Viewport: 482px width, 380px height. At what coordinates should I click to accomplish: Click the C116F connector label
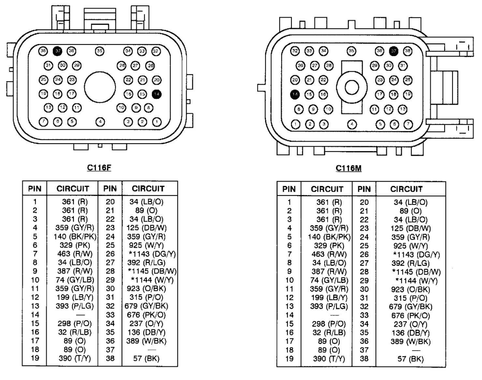tap(99, 168)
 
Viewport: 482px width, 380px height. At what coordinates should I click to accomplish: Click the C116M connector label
tap(348, 168)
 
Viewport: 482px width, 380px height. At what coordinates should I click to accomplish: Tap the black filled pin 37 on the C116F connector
tap(58, 51)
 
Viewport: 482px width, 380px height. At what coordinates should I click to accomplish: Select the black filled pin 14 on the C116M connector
tap(295, 94)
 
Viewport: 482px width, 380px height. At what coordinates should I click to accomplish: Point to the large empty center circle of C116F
tap(100, 87)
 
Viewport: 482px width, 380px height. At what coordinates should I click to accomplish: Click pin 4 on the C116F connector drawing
tap(100, 122)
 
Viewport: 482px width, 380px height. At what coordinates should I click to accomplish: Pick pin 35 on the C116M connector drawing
tap(351, 51)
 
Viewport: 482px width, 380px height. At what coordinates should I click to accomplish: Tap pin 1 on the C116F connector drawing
tap(157, 122)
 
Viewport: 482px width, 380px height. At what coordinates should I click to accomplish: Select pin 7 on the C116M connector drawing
tap(408, 124)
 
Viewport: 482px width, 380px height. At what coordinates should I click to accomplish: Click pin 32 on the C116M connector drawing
tap(295, 51)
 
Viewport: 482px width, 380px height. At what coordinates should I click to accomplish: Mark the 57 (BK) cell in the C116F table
tap(146, 358)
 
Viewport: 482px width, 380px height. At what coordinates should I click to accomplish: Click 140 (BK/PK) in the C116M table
tap(329, 237)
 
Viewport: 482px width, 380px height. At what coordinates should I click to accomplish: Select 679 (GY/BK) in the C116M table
tap(412, 307)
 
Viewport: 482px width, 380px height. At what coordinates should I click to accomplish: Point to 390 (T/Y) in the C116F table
tap(75, 358)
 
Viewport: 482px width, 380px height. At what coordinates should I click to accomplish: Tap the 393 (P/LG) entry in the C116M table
tap(329, 306)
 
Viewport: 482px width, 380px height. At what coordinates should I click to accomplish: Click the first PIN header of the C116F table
tap(35, 189)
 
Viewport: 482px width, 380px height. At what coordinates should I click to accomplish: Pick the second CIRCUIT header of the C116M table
tap(406, 189)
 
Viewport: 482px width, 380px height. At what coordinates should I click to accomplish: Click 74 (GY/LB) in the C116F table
tap(75, 280)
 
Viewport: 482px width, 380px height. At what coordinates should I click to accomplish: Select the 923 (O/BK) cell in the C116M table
tap(410, 289)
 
